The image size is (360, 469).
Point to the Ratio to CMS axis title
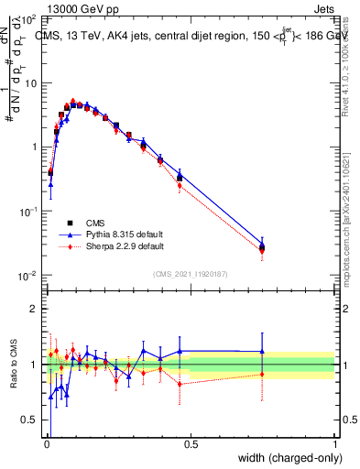[x=13, y=364]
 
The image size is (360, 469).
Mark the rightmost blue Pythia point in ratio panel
[x=262, y=351]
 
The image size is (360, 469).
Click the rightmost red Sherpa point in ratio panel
[x=262, y=374]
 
